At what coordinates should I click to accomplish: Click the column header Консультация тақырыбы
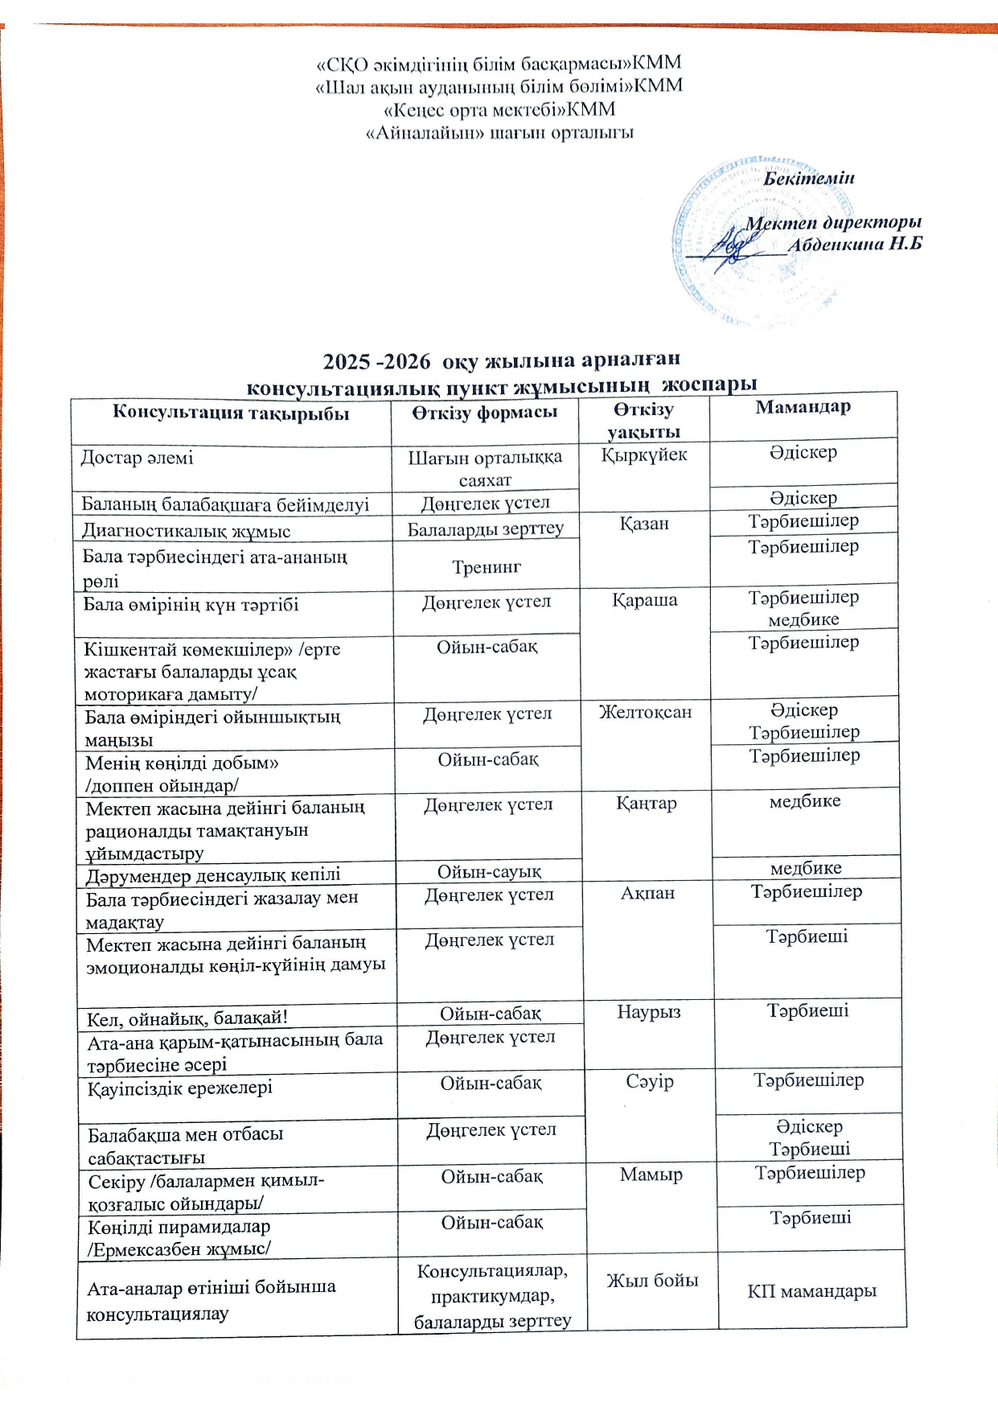click(x=231, y=413)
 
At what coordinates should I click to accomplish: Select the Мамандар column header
click(x=803, y=407)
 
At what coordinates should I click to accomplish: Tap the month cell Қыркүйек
click(x=644, y=455)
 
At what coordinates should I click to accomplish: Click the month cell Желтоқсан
click(x=646, y=712)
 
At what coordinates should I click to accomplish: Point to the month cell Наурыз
click(x=649, y=1012)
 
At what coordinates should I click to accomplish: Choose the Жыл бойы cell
click(x=652, y=1281)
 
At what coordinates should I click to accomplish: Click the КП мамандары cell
click(x=811, y=1291)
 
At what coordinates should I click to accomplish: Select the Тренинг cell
click(x=487, y=567)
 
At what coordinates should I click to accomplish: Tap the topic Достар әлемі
click(x=138, y=458)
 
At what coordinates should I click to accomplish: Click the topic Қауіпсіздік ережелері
click(x=180, y=1088)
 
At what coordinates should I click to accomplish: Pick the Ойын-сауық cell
click(x=489, y=871)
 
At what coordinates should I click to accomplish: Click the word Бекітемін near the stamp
click(x=808, y=178)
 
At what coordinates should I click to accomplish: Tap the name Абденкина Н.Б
click(x=854, y=245)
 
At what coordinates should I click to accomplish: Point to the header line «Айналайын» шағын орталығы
click(x=499, y=132)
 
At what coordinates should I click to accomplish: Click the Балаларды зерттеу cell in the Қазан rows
click(x=486, y=529)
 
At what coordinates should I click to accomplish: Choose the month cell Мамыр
click(x=651, y=1174)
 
